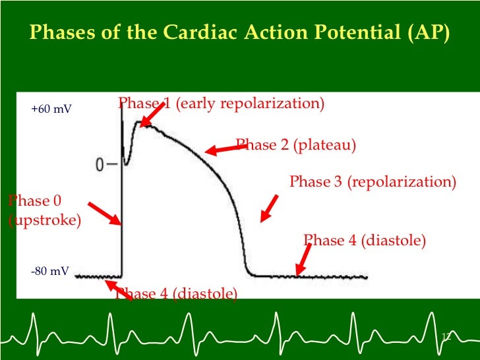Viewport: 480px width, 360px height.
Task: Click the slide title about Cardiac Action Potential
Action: click(x=240, y=32)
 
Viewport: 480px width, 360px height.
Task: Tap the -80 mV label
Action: click(x=50, y=271)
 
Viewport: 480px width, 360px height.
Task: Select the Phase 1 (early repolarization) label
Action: click(x=221, y=104)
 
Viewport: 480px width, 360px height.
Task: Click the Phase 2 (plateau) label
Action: click(x=296, y=145)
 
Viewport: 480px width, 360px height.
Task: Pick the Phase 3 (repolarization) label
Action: click(x=373, y=181)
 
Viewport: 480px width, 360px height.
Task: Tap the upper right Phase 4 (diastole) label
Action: click(x=365, y=241)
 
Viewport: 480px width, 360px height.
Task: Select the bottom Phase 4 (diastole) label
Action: click(x=176, y=293)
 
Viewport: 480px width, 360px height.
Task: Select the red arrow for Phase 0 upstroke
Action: click(x=104, y=214)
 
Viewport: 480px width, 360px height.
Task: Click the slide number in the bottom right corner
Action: click(x=445, y=338)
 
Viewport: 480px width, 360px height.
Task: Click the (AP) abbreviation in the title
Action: click(x=431, y=32)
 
